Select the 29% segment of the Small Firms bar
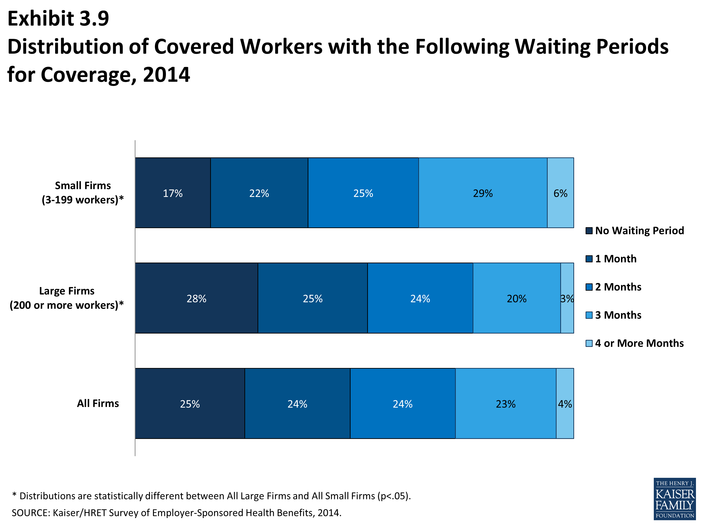click(x=482, y=193)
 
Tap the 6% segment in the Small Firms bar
click(x=560, y=193)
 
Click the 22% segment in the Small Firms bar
click(x=259, y=193)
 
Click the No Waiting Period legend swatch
click(x=589, y=231)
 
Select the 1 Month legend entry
click(x=615, y=259)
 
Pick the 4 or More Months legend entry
click(x=639, y=343)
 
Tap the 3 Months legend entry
click(x=618, y=315)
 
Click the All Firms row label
click(x=98, y=403)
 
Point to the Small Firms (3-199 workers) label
click(x=83, y=193)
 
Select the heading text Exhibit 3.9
click(x=58, y=19)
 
